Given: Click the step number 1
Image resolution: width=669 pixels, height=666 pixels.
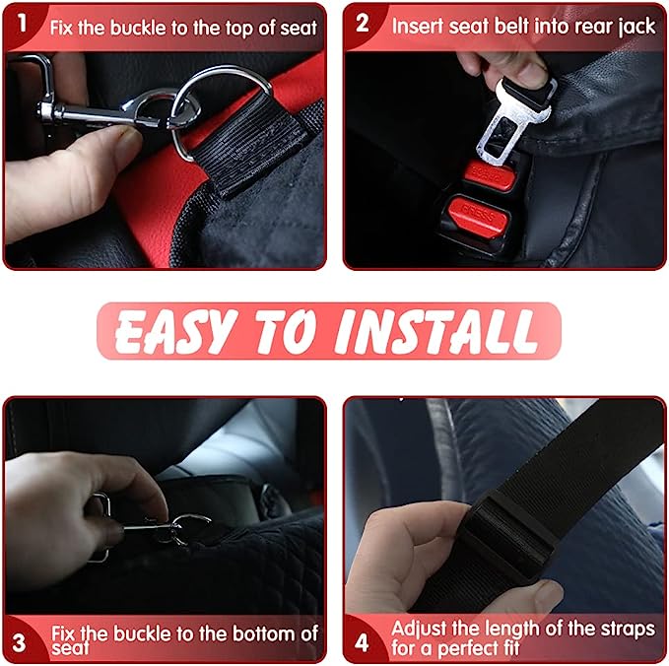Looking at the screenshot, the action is tap(23, 23).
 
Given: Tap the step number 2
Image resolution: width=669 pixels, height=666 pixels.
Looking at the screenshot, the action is tap(363, 23).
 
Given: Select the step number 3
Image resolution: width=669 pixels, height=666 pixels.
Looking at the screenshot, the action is tap(19, 643).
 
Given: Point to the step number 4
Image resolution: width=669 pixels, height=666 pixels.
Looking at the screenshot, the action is tap(362, 642).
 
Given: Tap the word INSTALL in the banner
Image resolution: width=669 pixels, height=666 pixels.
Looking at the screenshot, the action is tap(435, 331).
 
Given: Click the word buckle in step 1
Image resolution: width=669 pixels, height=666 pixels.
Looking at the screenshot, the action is tap(138, 29).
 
